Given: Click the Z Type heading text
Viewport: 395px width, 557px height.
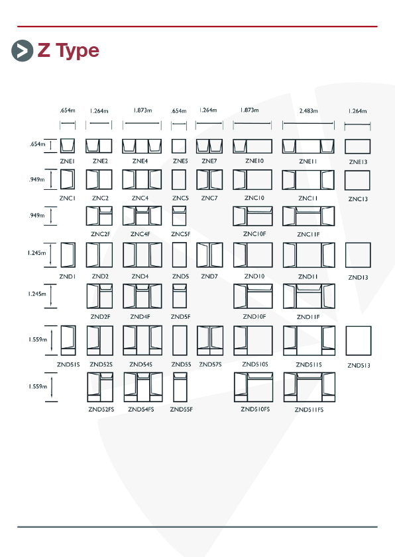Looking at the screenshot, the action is pos(68,51).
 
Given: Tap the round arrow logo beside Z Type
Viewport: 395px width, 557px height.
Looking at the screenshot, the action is pos(22,51).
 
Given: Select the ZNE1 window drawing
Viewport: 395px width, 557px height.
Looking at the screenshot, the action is pos(67,146).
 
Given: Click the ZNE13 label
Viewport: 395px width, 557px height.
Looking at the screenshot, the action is pos(358,162).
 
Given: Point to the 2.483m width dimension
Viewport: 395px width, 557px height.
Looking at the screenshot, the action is pos(309,111).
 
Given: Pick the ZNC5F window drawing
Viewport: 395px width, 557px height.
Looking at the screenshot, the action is pos(180,216).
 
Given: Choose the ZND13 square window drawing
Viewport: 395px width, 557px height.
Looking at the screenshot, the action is pos(358,255).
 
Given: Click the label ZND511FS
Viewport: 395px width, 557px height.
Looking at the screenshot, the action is pos(309,409).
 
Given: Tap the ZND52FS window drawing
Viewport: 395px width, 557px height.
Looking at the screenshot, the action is pos(100,387).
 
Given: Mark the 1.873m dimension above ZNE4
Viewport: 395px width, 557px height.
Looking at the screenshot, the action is pos(142,110).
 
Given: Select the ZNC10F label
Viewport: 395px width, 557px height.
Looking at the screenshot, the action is pos(254,234).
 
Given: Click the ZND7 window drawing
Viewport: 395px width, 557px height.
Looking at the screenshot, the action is pos(209,255).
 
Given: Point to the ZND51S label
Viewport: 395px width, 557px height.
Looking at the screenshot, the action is pos(68,364).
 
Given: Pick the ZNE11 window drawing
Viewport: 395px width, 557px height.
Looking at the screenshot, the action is pos(308,146).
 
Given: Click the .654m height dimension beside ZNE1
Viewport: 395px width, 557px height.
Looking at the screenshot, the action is pos(37,144).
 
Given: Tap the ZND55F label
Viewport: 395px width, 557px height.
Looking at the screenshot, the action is pos(182,409).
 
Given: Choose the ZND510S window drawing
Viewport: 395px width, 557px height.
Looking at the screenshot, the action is pos(253,340).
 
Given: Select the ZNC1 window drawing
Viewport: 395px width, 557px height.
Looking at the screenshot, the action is pos(68,179).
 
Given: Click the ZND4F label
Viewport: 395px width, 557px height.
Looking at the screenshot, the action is pos(141,316).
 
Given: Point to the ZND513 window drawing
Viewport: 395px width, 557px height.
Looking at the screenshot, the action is pos(359,341).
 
